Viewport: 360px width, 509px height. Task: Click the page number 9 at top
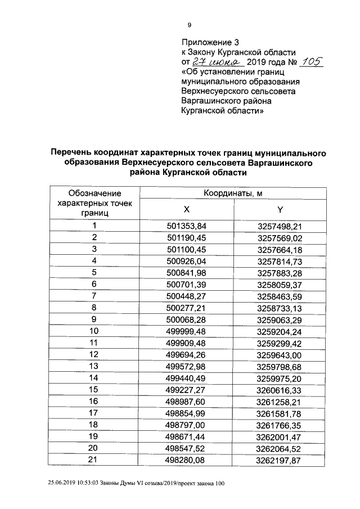[x=190, y=24]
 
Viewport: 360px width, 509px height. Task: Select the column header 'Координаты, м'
[x=233, y=193]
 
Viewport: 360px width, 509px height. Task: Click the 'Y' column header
[x=280, y=209]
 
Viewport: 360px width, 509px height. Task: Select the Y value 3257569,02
[x=280, y=237]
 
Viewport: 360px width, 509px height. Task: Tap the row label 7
[x=94, y=295]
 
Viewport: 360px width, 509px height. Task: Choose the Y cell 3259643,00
[x=280, y=354]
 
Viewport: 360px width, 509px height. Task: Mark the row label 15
[x=94, y=389]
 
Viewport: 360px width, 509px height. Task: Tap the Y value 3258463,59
[x=280, y=295]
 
